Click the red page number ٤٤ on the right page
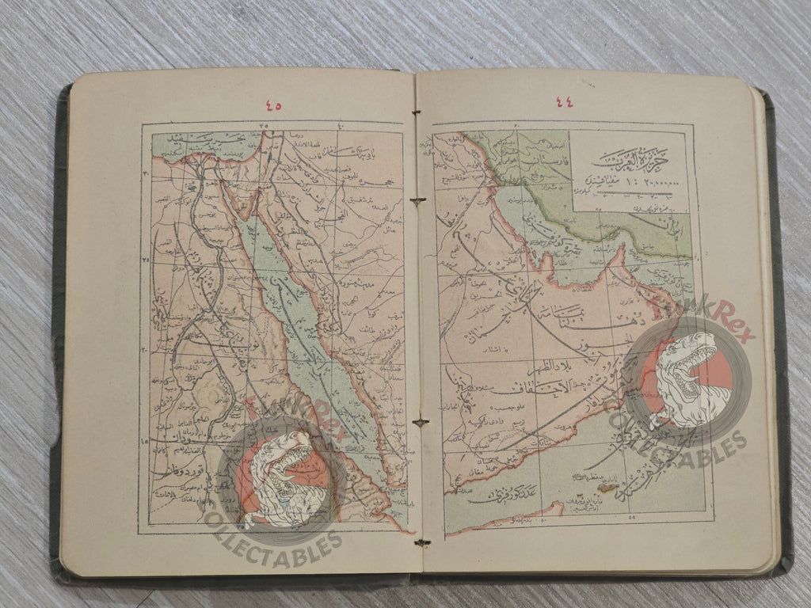click(564, 101)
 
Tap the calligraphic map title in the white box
click(630, 159)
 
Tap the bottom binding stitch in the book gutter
click(421, 542)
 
